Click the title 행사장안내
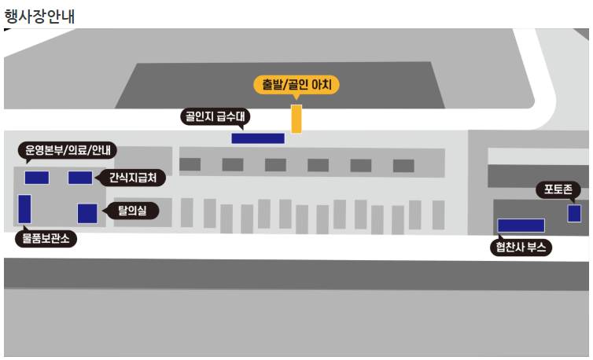39,14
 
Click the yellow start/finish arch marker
296,118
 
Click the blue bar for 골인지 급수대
257,138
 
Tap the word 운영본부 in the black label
44,150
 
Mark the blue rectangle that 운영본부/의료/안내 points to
37,178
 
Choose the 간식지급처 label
133,178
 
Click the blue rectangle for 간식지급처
80,178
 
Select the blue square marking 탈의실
87,213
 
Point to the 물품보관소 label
46,238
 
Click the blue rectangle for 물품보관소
24,209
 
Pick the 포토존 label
558,189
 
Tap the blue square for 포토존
574,213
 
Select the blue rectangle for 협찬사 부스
521,226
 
